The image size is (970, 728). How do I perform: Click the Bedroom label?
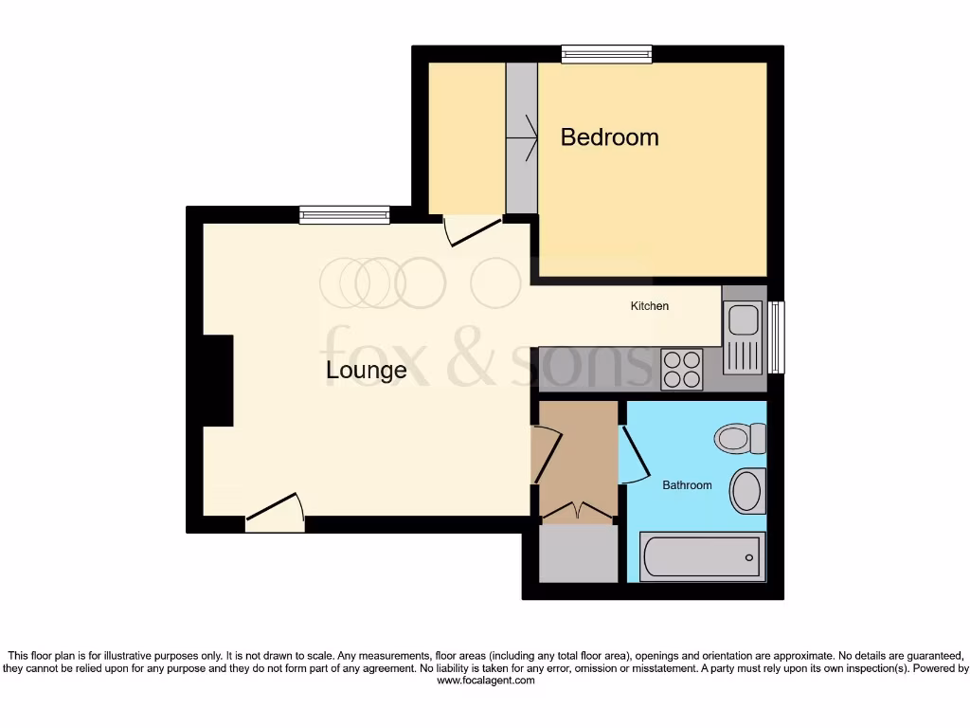[609, 137]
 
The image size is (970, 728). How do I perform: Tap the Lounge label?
[366, 370]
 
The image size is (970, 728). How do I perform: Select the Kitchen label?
[650, 306]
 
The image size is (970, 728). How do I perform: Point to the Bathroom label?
[687, 485]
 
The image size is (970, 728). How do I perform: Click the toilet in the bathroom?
[742, 438]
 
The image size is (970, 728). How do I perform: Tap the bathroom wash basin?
[746, 491]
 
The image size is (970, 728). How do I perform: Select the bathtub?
[702, 555]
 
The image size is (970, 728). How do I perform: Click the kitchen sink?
[744, 319]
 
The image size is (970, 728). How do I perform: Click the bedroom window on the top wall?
[606, 55]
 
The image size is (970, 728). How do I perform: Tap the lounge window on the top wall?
[344, 215]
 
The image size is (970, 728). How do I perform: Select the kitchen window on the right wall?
[777, 337]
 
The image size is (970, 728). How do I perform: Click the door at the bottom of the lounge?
[276, 516]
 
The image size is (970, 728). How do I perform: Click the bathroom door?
[634, 455]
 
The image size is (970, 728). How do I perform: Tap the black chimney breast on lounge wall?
[218, 380]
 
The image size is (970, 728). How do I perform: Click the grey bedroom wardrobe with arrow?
[521, 138]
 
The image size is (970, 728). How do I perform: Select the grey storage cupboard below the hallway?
[578, 554]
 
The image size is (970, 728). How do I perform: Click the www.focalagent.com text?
[485, 681]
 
